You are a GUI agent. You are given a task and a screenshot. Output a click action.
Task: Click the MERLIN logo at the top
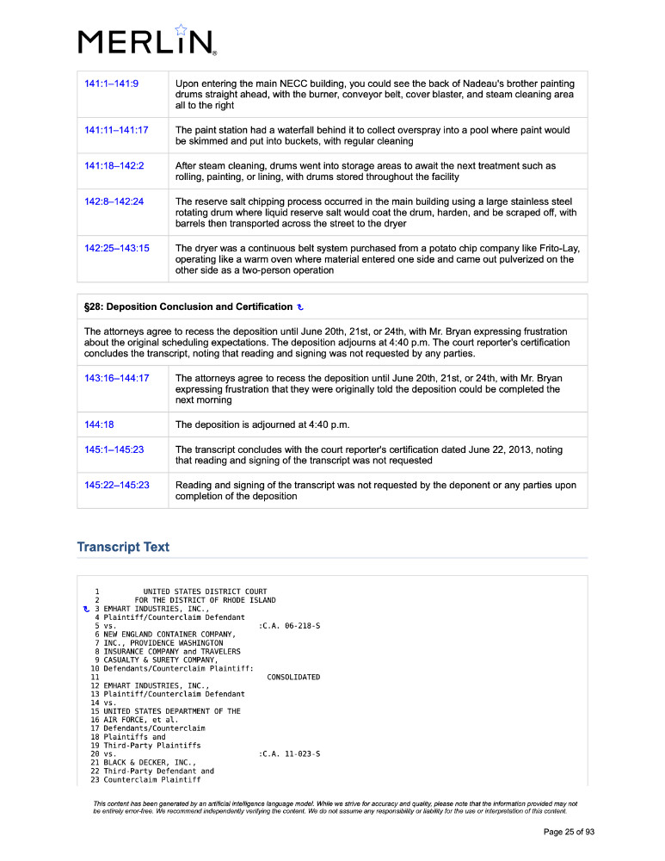(x=146, y=41)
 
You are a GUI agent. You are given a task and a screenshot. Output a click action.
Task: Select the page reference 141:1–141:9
(x=112, y=84)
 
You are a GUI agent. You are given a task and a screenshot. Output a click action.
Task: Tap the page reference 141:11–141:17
(x=116, y=130)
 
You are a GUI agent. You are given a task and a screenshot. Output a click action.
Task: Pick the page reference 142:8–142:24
(x=114, y=201)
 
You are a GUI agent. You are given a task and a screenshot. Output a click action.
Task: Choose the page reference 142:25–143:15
(x=117, y=248)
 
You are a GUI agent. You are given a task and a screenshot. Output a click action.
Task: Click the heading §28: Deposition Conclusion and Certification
(x=188, y=307)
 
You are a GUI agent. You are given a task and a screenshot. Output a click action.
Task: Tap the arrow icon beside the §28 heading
(x=299, y=307)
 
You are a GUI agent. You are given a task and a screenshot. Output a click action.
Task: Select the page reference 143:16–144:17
(x=117, y=378)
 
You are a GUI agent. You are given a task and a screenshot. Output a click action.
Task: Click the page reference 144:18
(x=99, y=424)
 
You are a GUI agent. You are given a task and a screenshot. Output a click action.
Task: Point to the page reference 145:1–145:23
(x=114, y=449)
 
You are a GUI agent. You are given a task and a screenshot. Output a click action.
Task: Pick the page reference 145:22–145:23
(x=117, y=485)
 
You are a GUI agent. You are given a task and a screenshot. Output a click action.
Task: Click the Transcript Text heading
(x=123, y=547)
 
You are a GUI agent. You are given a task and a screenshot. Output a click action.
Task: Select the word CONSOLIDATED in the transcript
(x=293, y=677)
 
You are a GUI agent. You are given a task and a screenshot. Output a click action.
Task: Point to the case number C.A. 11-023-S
(x=291, y=753)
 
